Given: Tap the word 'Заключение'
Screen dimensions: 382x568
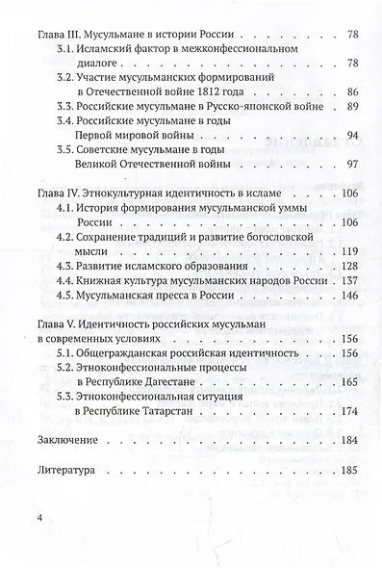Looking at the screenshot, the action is pyautogui.click(x=69, y=441).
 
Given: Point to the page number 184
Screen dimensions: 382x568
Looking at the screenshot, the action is pyautogui.click(x=348, y=441).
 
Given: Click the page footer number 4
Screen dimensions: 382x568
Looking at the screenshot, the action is pyautogui.click(x=38, y=519).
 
